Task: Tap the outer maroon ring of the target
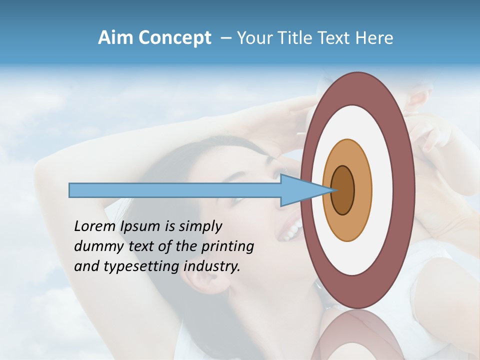pos(406,190)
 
